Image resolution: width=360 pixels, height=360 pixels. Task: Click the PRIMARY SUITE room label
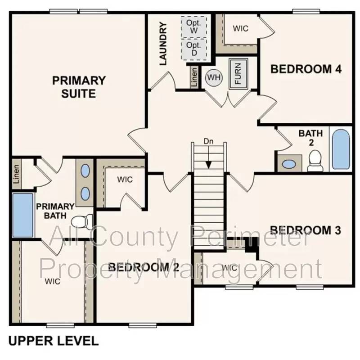[79, 87]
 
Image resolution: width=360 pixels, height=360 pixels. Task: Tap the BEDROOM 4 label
[306, 69]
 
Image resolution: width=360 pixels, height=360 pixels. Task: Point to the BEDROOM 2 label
[144, 267]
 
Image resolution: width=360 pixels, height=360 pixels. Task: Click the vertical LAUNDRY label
[163, 44]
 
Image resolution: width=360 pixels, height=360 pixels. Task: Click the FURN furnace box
[237, 74]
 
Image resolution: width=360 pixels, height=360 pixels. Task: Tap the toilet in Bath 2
[315, 161]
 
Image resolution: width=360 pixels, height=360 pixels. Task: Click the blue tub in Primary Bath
[22, 215]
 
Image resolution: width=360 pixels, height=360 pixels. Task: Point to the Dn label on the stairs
[208, 141]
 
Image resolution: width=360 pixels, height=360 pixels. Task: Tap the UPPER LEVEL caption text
[53, 341]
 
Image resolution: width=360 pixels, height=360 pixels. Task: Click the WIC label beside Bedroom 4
[241, 28]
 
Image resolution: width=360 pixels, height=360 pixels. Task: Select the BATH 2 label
[310, 137]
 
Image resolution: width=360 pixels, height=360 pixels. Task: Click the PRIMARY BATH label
[52, 211]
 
